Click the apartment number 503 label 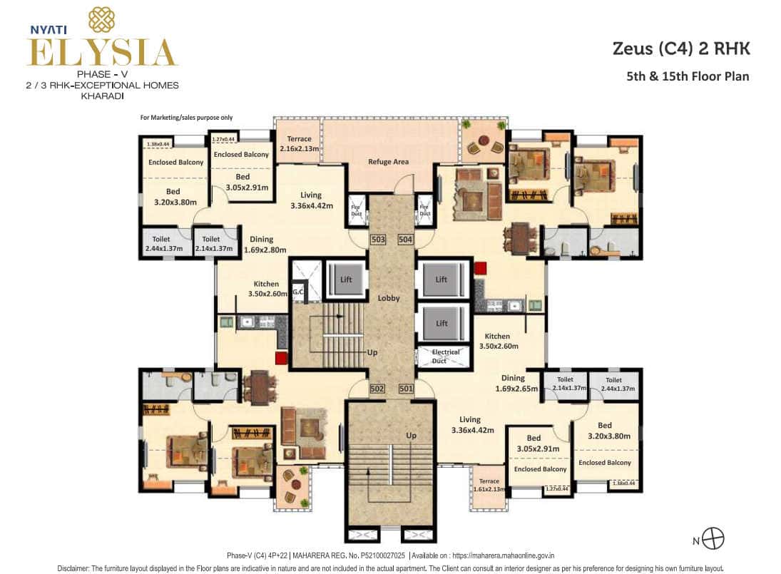coord(378,240)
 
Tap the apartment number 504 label coord(405,240)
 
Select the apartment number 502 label coord(378,389)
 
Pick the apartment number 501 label coord(405,389)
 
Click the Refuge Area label coord(388,162)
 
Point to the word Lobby coord(389,298)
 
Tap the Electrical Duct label coord(445,357)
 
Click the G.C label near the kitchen coord(297,292)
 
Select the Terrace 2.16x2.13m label coord(297,144)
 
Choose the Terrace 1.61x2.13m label coord(489,486)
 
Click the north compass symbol coord(713,538)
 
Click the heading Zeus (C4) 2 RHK coord(681,49)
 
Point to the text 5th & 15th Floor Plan coord(687,76)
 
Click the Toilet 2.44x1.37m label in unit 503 coord(164,244)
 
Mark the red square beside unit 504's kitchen coord(480,268)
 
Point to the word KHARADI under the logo coord(99,95)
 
